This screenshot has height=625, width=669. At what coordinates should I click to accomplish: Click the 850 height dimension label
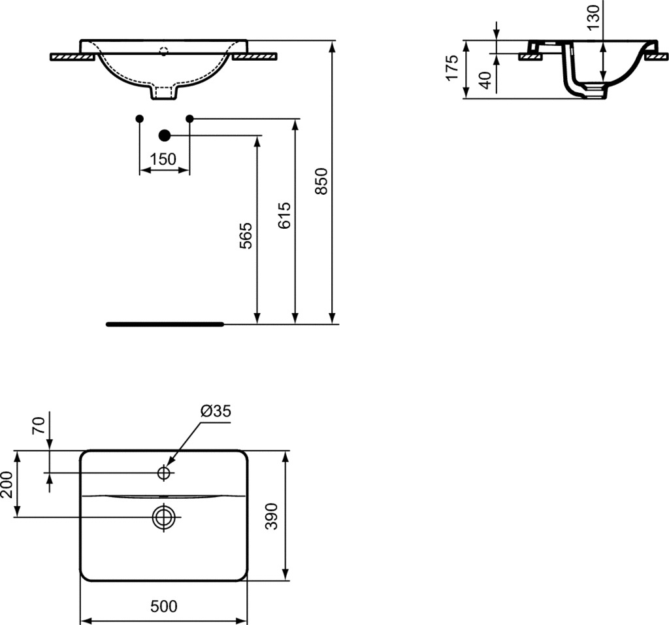321,181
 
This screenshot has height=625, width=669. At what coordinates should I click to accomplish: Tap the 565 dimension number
246,235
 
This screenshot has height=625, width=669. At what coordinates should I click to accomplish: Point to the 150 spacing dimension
163,160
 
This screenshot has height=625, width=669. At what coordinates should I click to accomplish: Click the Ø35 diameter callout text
216,411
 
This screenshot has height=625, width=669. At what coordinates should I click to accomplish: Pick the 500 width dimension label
164,606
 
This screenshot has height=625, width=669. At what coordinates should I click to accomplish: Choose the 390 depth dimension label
271,516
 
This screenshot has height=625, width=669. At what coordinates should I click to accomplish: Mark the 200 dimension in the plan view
7,484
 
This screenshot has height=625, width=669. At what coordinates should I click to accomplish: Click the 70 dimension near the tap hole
39,426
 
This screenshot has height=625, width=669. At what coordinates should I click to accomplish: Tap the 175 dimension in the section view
452,67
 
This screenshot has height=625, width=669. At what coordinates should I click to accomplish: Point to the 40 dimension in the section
485,80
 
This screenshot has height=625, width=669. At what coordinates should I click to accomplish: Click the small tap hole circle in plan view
164,473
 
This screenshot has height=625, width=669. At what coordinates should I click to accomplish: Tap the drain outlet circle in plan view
164,517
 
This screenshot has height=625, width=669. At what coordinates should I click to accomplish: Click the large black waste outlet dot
164,135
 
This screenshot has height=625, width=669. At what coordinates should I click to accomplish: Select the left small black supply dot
140,118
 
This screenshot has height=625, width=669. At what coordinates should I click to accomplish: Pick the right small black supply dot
190,118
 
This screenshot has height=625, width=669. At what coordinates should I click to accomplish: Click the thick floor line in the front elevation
165,324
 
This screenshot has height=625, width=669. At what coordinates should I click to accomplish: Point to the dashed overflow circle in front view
164,51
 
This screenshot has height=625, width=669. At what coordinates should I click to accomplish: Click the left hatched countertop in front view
72,56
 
